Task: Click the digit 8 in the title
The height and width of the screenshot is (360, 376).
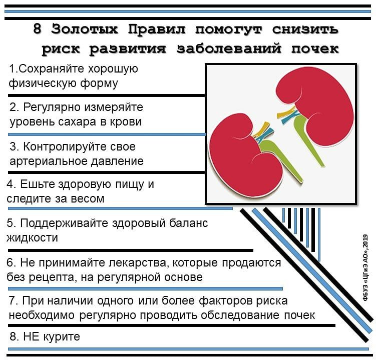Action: [x=38, y=29]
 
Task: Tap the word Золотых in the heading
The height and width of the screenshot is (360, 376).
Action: [x=85, y=29]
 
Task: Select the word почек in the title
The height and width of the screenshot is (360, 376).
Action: [x=315, y=49]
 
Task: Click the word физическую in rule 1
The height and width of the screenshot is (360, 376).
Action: [x=43, y=83]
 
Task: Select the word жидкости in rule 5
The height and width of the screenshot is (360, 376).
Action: [x=32, y=237]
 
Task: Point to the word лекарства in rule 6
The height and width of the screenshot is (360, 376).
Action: [x=138, y=263]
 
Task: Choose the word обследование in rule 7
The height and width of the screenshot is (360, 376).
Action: [x=240, y=315]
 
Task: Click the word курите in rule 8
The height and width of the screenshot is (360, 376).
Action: [x=62, y=337]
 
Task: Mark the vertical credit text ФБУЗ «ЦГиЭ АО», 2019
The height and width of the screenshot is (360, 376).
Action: [x=365, y=267]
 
